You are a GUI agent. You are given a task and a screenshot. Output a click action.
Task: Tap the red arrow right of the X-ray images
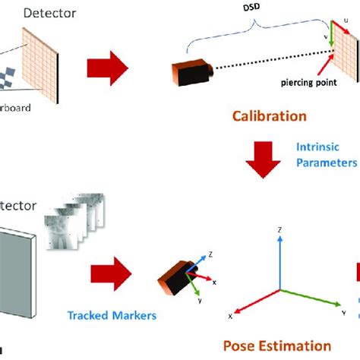(x=111, y=271)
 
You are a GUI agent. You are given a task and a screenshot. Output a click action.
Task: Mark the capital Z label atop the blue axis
(x=280, y=228)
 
